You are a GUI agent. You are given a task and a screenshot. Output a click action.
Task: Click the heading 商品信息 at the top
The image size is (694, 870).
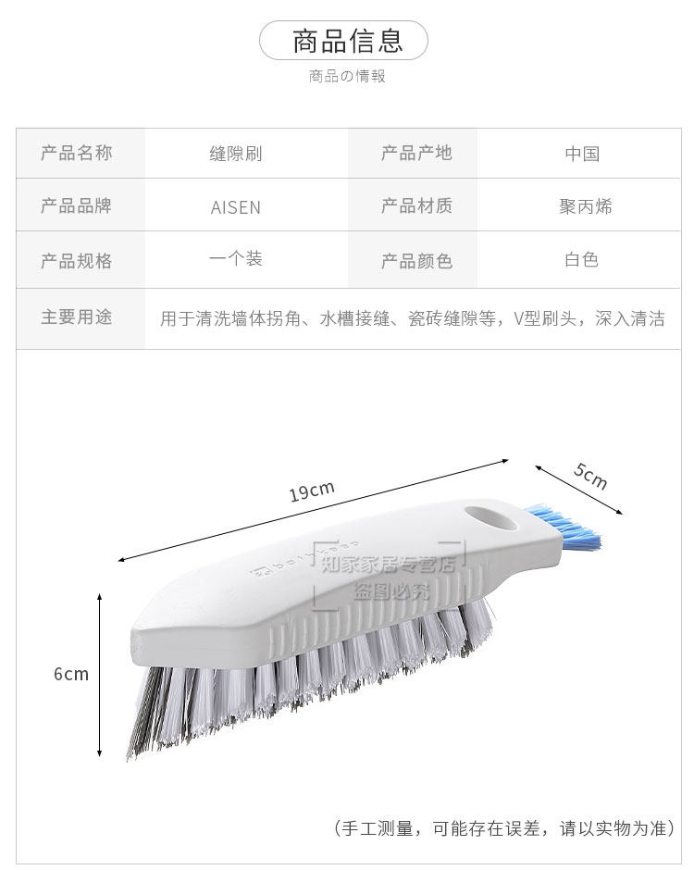click(347, 41)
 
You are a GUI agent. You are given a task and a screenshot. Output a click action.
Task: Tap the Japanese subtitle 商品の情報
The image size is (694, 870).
click(347, 76)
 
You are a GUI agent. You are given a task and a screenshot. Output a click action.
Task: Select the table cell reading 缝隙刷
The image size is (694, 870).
click(236, 154)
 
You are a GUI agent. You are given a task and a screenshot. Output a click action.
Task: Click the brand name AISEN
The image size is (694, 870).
click(236, 207)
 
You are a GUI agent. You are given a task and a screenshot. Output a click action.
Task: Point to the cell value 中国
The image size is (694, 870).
click(582, 154)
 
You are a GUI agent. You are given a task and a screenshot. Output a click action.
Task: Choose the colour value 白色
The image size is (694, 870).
click(582, 260)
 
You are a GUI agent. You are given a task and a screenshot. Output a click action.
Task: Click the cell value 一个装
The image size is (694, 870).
click(236, 259)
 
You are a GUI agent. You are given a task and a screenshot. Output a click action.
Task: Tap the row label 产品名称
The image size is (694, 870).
click(76, 153)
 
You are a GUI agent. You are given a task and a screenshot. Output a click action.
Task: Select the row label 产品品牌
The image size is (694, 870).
click(76, 205)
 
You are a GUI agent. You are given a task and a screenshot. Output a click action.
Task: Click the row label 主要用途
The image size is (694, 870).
click(76, 317)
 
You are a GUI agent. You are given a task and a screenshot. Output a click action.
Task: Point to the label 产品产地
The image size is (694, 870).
click(416, 153)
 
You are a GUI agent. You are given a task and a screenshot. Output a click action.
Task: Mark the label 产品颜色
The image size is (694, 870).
click(416, 261)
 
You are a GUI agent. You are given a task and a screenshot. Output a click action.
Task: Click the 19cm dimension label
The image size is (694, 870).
click(311, 491)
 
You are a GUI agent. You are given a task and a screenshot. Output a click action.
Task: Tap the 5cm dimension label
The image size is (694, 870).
click(589, 476)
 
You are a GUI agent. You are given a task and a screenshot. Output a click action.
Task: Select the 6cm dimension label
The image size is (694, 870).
click(71, 674)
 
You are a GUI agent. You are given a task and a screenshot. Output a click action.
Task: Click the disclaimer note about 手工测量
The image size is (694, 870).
click(504, 827)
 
